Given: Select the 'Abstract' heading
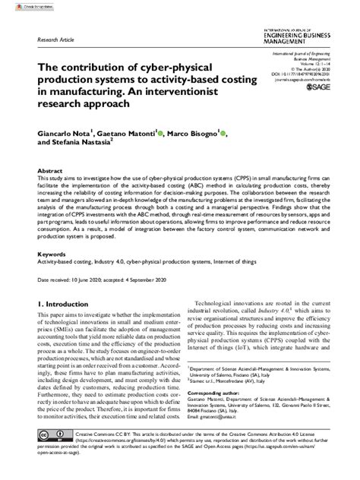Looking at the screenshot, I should point(50,172).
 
